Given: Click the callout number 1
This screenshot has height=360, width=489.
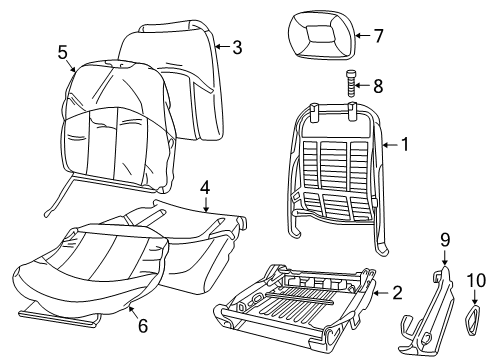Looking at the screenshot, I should click(x=406, y=145).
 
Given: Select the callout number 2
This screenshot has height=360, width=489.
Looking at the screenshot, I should click(x=397, y=293).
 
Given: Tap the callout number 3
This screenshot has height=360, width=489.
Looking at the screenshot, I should click(x=237, y=46).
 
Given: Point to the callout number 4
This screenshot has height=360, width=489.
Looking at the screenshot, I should click(x=204, y=186).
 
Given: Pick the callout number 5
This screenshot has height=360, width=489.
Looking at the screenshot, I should click(x=62, y=51).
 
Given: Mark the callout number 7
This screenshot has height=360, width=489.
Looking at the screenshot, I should click(x=378, y=36).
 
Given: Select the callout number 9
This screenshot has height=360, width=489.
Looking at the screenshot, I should click(x=444, y=267).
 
